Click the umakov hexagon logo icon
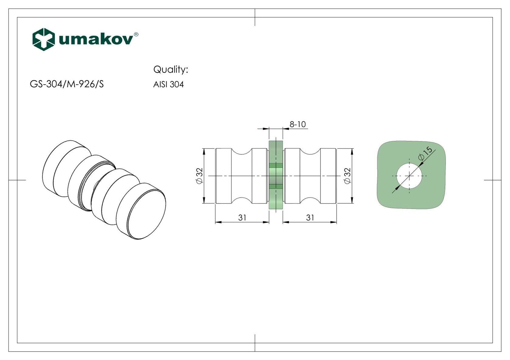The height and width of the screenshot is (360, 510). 43,39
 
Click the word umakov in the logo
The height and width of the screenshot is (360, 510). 96,40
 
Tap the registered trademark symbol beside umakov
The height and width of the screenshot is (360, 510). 136,34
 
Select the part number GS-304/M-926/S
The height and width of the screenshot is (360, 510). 67,84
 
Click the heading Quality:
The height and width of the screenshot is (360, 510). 171,69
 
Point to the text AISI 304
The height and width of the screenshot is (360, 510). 168,84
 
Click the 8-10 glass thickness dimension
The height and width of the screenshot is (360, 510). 297,124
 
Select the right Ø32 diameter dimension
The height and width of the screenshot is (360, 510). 348,176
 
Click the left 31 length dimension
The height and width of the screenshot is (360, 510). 242,217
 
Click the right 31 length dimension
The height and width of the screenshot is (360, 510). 310,217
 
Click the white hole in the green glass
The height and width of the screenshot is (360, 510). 409,176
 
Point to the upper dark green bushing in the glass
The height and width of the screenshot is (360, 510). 276,165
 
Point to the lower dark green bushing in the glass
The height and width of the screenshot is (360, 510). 276,186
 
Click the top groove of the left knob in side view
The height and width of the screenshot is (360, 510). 242,152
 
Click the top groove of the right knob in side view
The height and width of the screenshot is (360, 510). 310,152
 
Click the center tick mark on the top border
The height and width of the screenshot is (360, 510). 255,17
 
